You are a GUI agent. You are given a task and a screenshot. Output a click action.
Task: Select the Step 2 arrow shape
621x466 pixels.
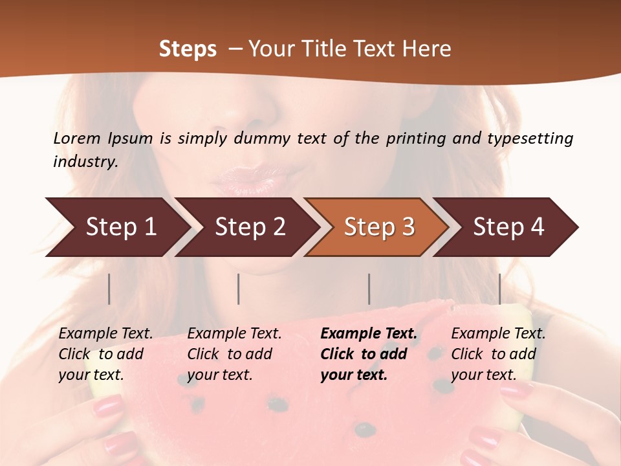[x=250, y=227]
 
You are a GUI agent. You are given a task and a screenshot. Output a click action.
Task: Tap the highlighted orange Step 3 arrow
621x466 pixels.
[x=379, y=227]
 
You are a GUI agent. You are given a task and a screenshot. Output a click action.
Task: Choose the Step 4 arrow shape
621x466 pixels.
[x=508, y=227]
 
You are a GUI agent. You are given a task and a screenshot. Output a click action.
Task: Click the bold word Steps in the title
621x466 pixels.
[x=188, y=49]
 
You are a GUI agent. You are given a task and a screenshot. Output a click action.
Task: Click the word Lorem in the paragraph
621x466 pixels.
[x=76, y=138]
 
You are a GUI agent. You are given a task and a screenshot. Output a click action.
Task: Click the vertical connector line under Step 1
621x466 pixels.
[x=109, y=289]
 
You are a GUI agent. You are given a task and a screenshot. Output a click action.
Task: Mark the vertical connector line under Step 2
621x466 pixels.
[x=239, y=289]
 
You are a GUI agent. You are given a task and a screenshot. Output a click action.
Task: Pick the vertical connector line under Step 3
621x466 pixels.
[x=369, y=289]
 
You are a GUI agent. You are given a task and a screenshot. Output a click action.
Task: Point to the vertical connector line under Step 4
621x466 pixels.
[x=499, y=289]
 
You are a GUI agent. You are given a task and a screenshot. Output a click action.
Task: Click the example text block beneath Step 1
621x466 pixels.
[x=105, y=354]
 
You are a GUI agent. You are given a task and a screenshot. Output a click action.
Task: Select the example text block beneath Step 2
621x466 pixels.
[x=234, y=354]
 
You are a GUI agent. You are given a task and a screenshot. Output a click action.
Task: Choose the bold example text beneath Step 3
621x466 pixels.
[x=368, y=354]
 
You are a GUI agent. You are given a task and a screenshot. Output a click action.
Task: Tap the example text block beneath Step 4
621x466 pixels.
[x=497, y=354]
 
